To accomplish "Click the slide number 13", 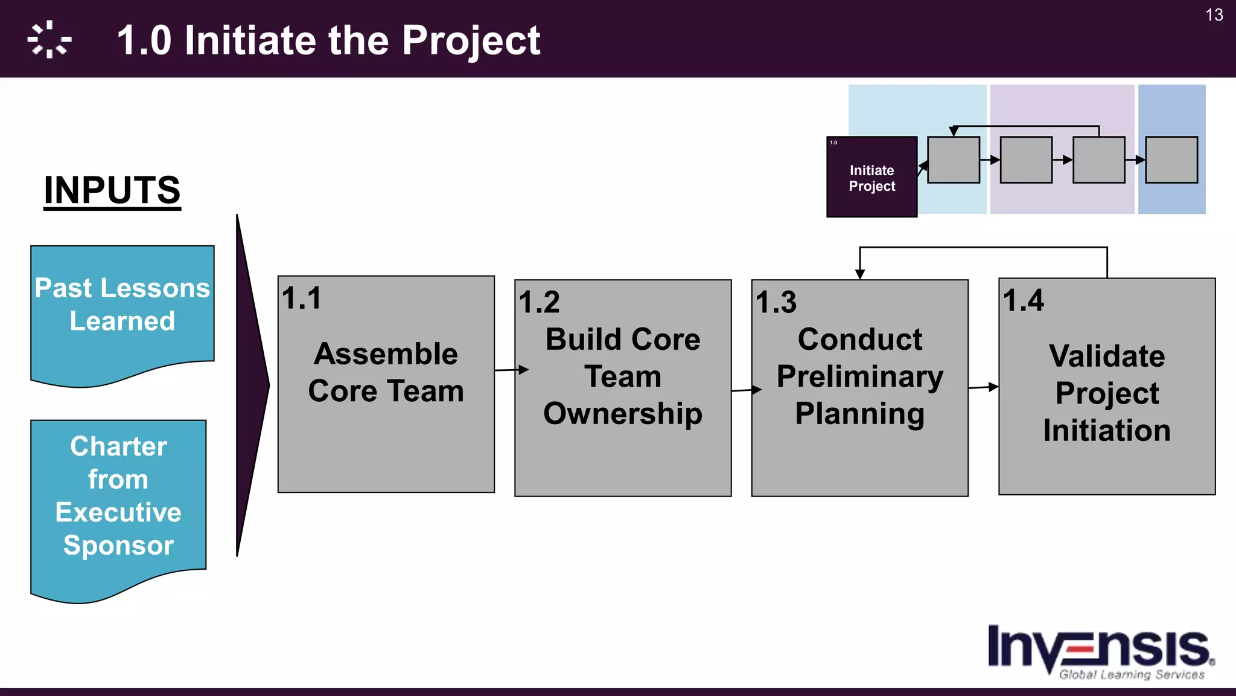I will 1214,15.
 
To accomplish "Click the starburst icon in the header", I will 49,40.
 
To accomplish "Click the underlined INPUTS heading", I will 112,190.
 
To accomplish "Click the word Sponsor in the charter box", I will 118,545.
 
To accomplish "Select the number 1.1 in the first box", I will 302,298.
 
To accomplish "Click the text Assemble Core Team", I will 386,372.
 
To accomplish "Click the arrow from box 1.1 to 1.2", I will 511,370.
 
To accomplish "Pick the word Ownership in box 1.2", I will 623,414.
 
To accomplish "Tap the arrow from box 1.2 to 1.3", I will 747,390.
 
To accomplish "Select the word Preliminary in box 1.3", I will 859,376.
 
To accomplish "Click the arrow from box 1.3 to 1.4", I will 984,387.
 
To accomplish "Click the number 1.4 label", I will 1023,300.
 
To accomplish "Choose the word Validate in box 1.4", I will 1107,356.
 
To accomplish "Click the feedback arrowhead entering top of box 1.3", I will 860,274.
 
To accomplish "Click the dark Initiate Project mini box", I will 871,177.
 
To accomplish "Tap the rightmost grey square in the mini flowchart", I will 1171,160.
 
